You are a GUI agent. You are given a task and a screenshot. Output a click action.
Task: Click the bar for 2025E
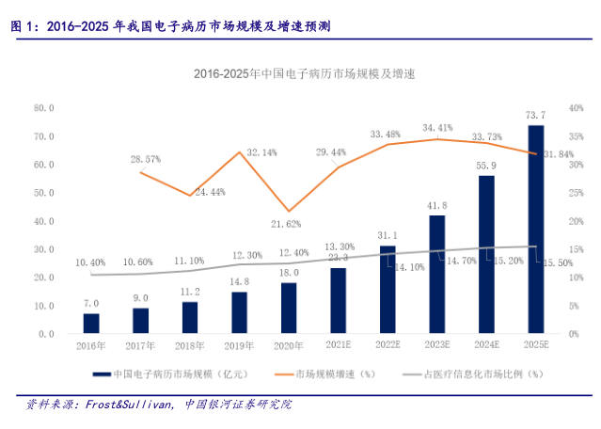click(x=534, y=230)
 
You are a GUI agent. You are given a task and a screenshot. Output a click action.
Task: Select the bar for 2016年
click(x=91, y=324)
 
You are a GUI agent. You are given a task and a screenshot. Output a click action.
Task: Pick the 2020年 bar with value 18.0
click(x=289, y=309)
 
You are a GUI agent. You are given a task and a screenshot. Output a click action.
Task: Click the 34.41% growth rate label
click(x=436, y=127)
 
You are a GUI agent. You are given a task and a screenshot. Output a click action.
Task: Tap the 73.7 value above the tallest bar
click(x=535, y=115)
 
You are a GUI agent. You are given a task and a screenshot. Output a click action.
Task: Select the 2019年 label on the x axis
click(x=239, y=346)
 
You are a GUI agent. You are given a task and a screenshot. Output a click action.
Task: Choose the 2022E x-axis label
click(x=387, y=346)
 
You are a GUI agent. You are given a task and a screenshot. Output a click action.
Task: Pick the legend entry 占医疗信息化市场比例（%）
click(x=482, y=373)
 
